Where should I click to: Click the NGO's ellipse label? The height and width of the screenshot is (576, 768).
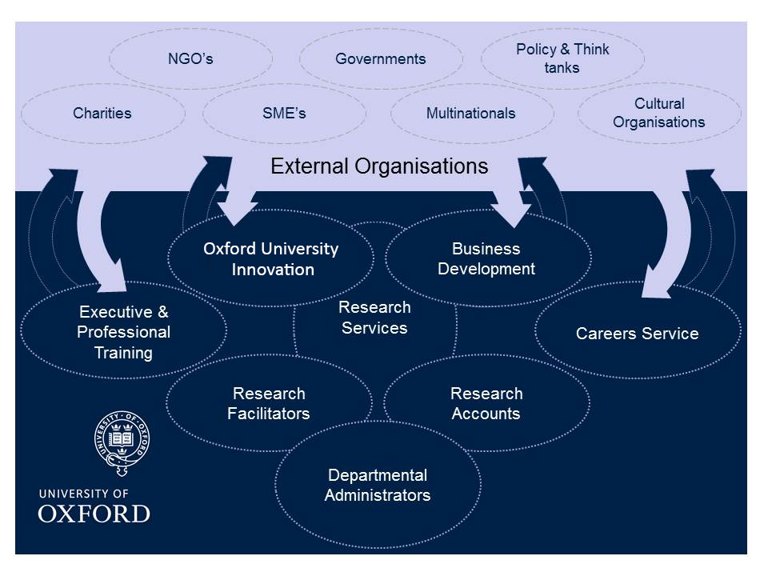click(190, 58)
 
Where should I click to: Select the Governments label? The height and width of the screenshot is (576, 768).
click(381, 58)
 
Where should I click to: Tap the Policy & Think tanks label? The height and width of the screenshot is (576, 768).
click(562, 58)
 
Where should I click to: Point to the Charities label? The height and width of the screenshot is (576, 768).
click(102, 113)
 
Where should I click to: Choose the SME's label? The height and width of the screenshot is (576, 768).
click(284, 113)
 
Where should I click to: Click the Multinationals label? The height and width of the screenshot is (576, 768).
click(470, 113)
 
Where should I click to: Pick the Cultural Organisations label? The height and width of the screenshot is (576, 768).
click(658, 113)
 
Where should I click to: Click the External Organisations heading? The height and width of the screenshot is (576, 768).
click(379, 166)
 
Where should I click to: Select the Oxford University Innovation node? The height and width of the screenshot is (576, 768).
click(271, 258)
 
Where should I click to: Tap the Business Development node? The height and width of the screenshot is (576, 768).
click(488, 258)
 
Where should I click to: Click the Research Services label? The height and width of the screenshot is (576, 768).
click(374, 318)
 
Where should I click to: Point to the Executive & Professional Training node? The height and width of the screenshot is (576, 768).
click(123, 330)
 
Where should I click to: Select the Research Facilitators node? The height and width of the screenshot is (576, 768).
click(269, 403)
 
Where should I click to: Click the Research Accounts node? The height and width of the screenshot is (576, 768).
click(486, 403)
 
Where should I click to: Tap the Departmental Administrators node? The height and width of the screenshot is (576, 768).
click(378, 485)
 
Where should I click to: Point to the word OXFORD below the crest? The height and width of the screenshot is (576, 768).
click(94, 514)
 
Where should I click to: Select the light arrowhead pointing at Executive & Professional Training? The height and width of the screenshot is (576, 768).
click(112, 277)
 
